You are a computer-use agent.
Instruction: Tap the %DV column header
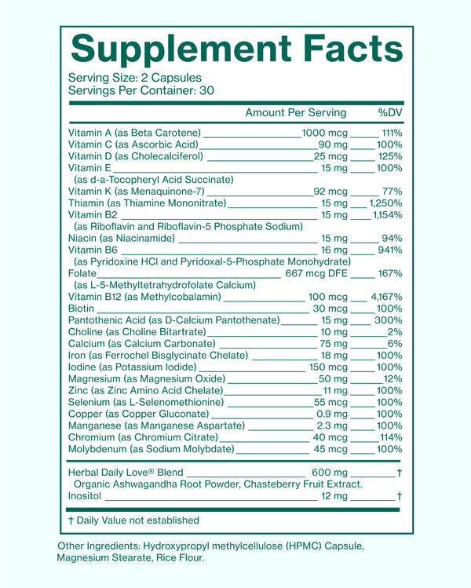pyautogui.click(x=390, y=112)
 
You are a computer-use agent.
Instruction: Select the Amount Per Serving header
pyautogui.click(x=295, y=112)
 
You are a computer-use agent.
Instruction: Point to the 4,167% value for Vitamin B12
pyautogui.click(x=386, y=297)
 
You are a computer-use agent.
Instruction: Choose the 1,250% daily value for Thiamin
pyautogui.click(x=387, y=203)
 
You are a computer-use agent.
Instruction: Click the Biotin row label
pyautogui.click(x=82, y=309)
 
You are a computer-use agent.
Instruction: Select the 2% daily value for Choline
pyautogui.click(x=395, y=332)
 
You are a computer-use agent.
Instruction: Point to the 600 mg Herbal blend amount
pyautogui.click(x=329, y=473)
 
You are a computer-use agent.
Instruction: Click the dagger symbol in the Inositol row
pyautogui.click(x=400, y=496)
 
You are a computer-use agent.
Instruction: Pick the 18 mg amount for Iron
pyautogui.click(x=334, y=356)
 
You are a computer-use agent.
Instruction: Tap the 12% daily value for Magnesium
pyautogui.click(x=392, y=379)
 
